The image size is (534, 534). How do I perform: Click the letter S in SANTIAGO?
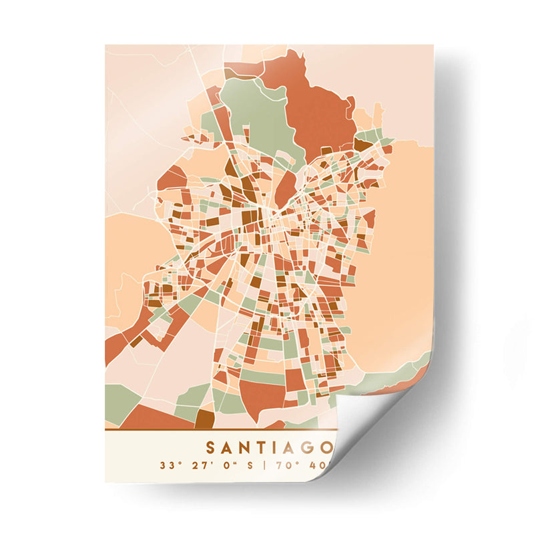[211, 446]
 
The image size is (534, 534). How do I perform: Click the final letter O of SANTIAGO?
[334, 446]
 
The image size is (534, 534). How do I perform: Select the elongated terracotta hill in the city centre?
[285, 187]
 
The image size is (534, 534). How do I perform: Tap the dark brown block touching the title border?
[204, 420]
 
